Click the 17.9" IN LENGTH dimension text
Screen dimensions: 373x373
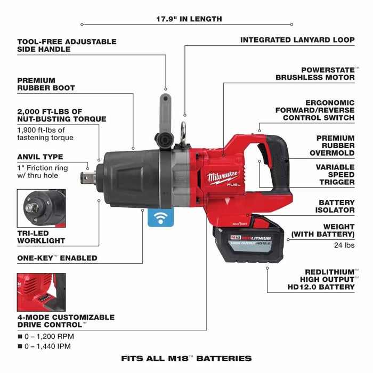[x=189, y=19]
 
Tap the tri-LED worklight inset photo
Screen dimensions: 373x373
[x=41, y=208]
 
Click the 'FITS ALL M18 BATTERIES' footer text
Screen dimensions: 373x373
[x=186, y=358]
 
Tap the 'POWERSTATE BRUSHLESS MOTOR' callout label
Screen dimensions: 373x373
[x=315, y=74]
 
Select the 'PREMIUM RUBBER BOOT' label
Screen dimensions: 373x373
[x=46, y=84]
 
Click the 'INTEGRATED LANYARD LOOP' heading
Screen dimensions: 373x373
[x=297, y=40]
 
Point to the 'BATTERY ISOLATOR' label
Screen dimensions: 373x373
[x=336, y=206]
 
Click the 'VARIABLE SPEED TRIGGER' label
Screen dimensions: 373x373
[x=335, y=174]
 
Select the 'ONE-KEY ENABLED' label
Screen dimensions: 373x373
[x=57, y=258]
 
